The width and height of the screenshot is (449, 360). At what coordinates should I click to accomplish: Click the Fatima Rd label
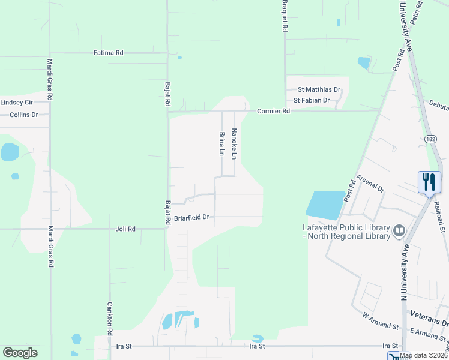[108, 53]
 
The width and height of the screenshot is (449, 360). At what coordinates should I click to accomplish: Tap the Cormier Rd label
[273, 111]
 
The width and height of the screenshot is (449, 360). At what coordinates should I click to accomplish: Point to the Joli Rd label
[125, 229]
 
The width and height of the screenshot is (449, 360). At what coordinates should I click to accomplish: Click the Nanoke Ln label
[235, 144]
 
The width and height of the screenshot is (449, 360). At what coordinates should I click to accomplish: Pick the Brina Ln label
[222, 144]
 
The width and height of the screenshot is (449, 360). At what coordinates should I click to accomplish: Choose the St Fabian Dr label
[311, 100]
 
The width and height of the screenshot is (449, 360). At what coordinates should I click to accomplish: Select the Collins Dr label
[23, 114]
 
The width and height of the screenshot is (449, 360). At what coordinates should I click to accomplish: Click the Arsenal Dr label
[370, 183]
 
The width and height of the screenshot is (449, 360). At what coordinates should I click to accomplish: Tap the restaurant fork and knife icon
[429, 182]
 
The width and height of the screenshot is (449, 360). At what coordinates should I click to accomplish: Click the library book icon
[399, 230]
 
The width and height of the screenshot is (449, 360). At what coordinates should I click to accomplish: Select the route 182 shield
[430, 139]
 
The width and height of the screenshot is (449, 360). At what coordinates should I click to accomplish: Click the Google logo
[20, 352]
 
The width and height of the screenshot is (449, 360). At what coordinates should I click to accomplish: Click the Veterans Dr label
[429, 314]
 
